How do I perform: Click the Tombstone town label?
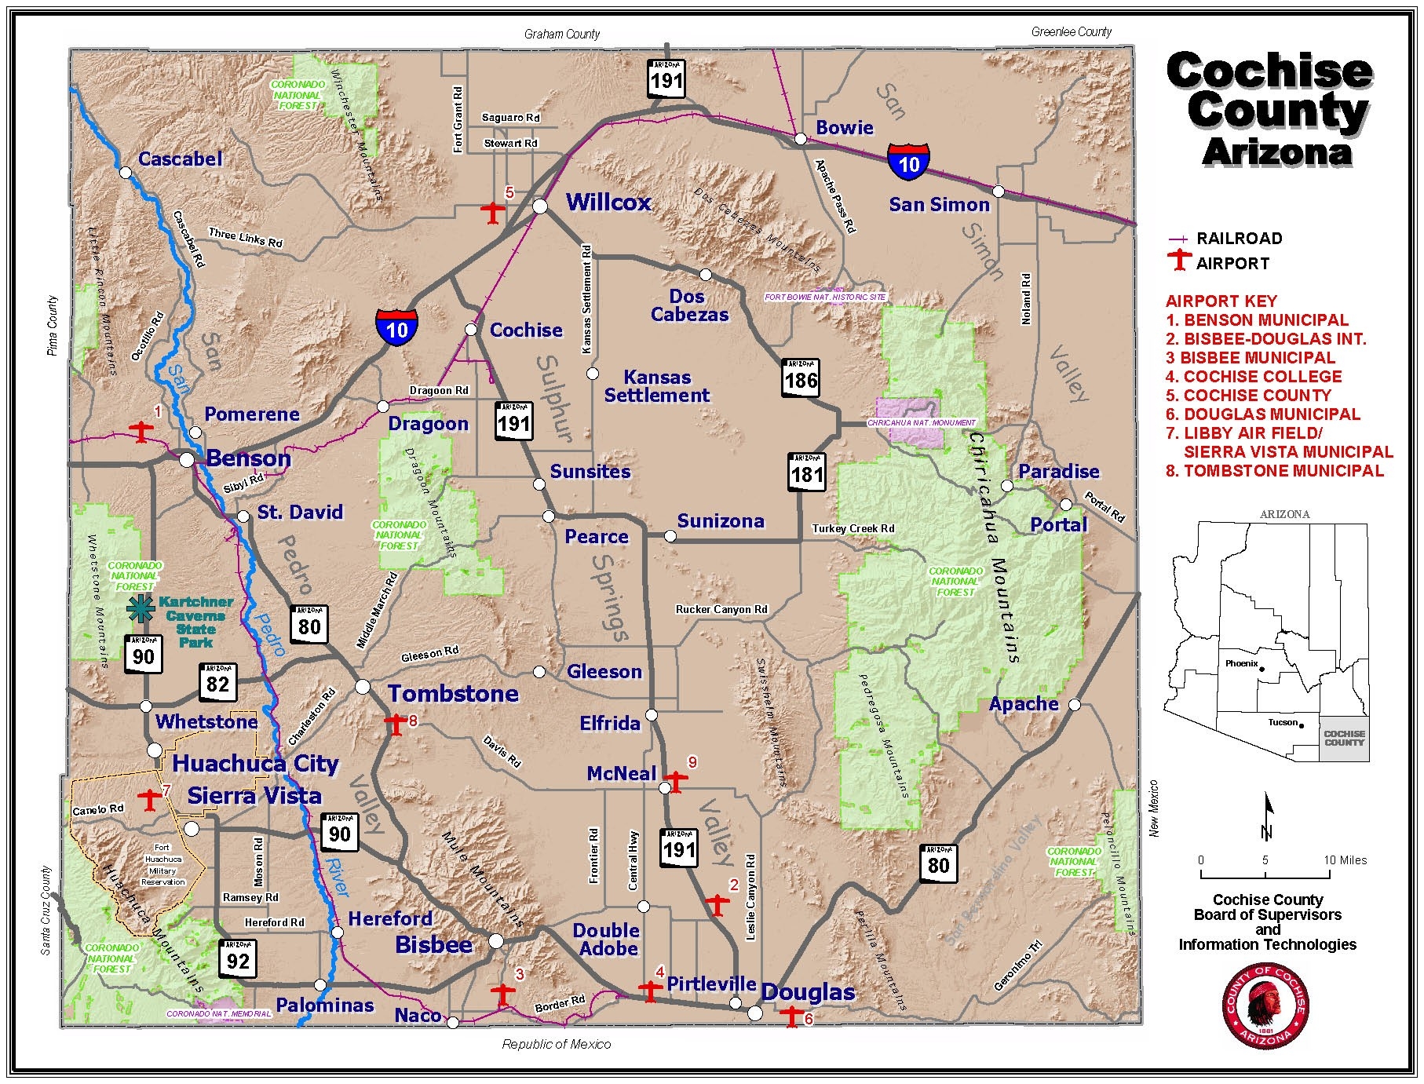tap(454, 694)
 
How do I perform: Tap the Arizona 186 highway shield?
tap(800, 378)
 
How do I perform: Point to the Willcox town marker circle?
tap(540, 206)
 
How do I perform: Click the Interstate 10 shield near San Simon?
tap(908, 161)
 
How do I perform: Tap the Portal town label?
tap(1058, 524)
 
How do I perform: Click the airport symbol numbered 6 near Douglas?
tap(792, 1017)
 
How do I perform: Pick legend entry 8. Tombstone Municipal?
tap(1274, 471)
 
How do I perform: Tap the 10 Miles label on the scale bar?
tap(1345, 860)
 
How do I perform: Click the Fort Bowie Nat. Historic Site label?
tap(825, 297)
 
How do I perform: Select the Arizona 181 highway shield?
tap(807, 472)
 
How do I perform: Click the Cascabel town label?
tap(181, 159)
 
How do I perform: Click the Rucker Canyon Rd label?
tap(721, 610)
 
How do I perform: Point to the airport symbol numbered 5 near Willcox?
tap(493, 213)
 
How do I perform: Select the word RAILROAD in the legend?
tap(1239, 239)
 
